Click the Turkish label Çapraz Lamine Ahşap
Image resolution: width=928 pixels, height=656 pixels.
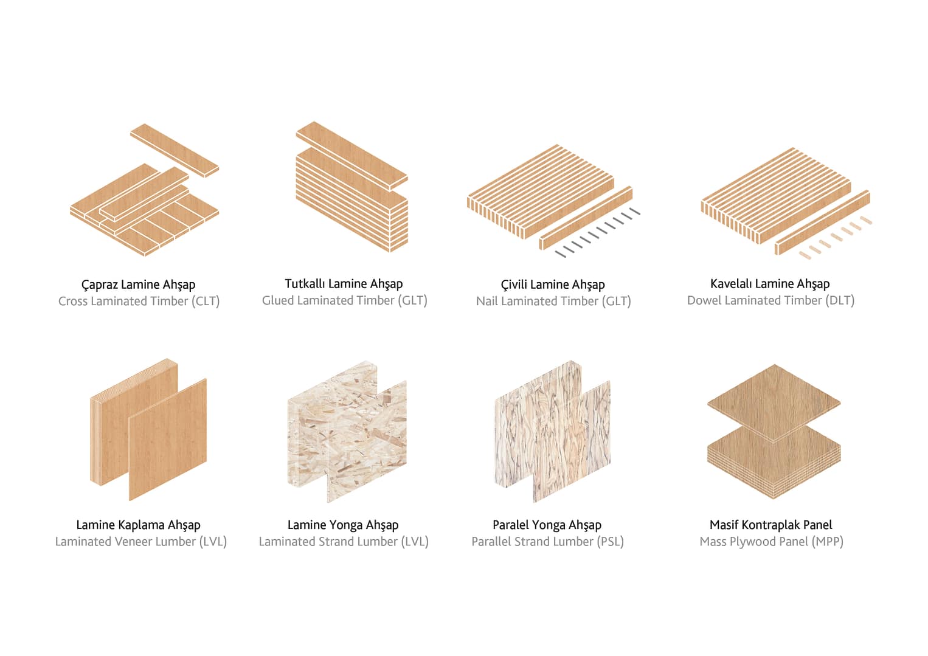point(139,285)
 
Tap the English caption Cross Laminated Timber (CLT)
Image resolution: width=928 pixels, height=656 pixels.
point(139,301)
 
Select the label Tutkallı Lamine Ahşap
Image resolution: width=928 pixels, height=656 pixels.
point(344,284)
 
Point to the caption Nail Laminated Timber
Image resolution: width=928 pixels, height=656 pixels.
point(538,301)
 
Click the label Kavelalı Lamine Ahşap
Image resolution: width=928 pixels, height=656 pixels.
point(770,284)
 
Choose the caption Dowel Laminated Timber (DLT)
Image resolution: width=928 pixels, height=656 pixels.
point(771,300)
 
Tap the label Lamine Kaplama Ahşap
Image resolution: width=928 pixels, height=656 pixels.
point(139,525)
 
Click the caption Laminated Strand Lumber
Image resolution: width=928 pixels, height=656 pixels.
point(328,541)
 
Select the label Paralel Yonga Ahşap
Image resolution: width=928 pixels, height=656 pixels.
point(547,525)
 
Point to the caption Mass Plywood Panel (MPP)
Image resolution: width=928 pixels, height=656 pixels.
point(771,541)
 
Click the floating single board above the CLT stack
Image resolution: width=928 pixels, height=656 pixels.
point(175,150)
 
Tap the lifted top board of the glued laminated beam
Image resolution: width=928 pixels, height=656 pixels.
point(351,156)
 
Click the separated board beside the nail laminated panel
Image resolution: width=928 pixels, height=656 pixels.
point(586,218)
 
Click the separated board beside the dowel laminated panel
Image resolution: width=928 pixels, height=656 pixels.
point(822,223)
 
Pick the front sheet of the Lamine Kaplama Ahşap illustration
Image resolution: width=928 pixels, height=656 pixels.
point(167,440)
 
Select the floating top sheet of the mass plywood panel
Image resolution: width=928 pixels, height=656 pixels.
point(774,403)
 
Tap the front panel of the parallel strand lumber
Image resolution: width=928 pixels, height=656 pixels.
point(571,441)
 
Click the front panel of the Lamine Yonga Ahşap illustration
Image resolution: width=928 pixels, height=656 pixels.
point(367,441)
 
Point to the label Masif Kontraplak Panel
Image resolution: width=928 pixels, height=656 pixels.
point(770,525)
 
